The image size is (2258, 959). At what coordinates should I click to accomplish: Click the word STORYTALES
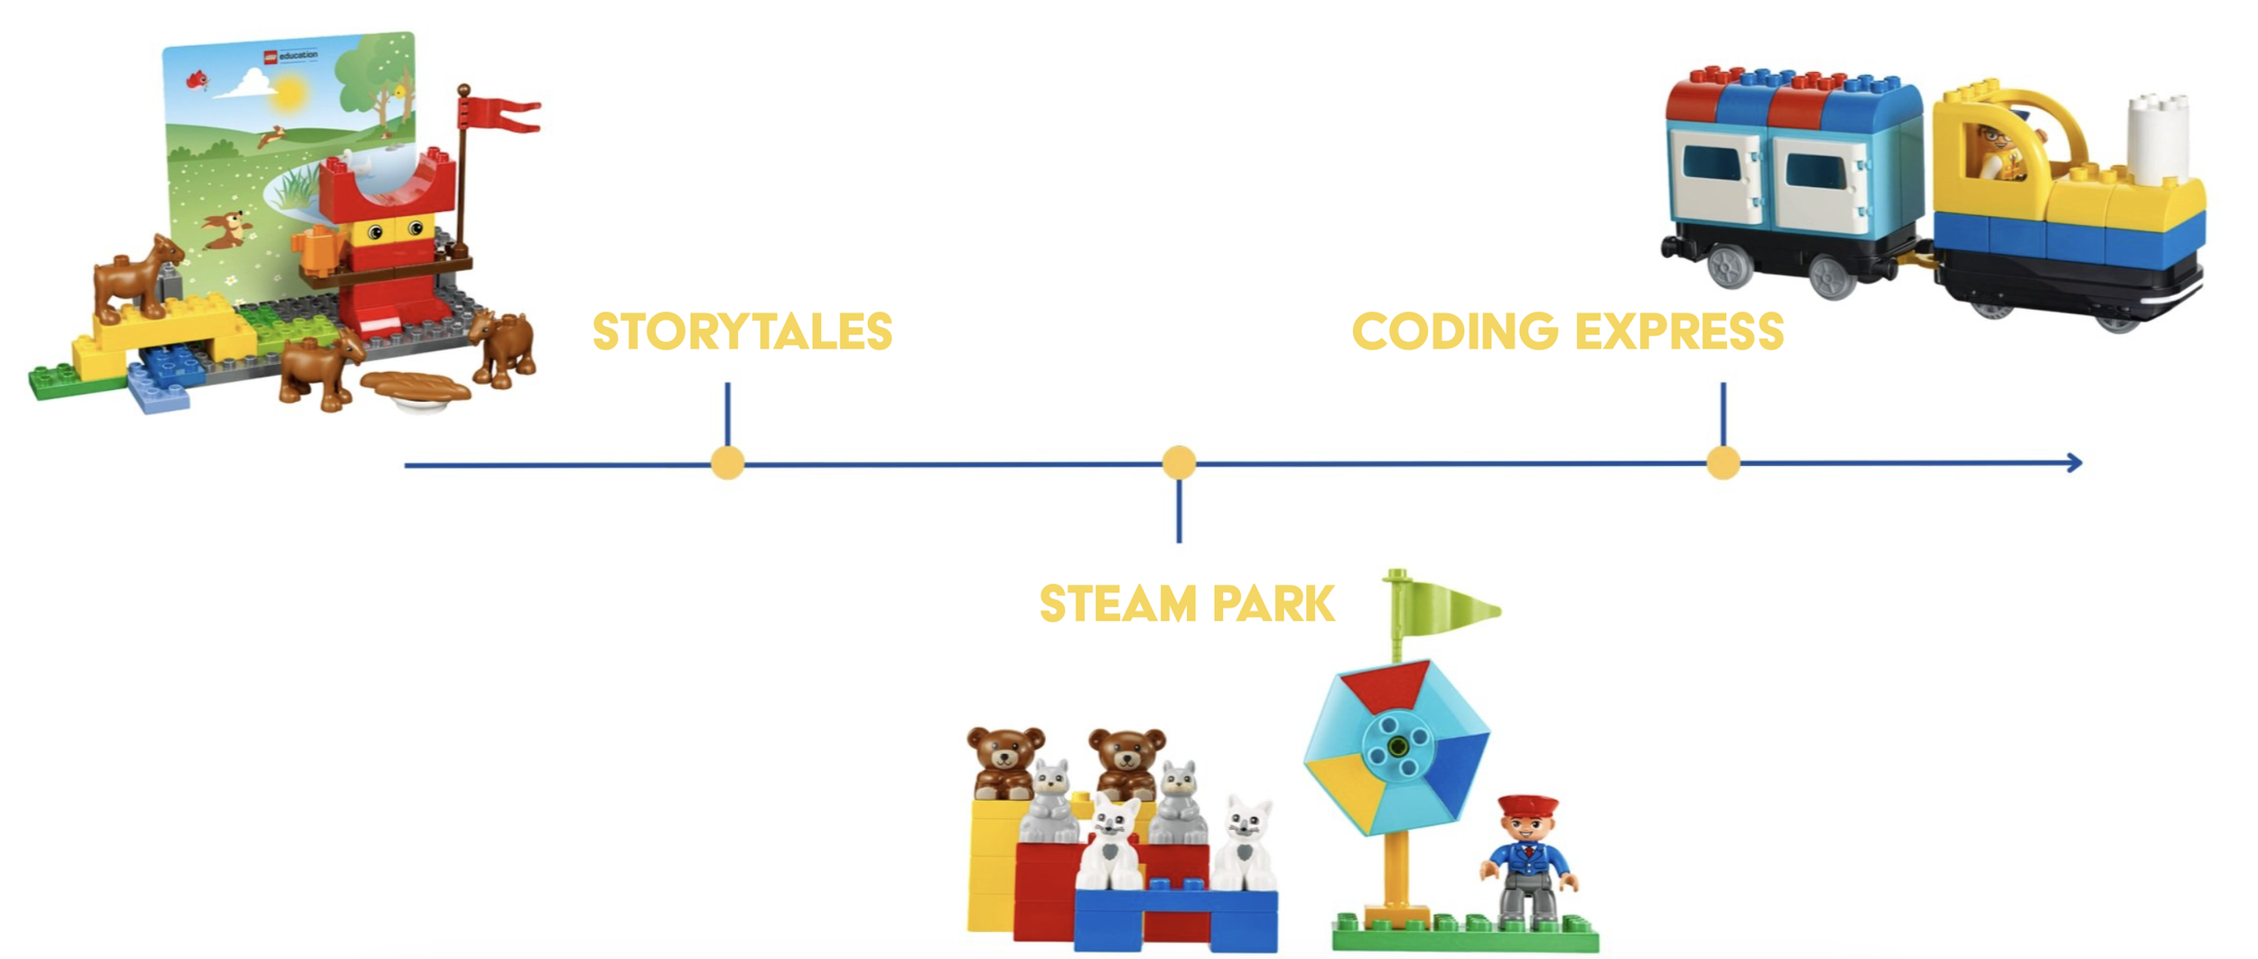click(742, 331)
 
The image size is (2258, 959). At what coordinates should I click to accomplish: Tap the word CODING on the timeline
click(1454, 331)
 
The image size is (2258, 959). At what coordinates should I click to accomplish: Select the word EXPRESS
click(1679, 331)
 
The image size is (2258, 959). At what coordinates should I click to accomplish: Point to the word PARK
click(1273, 604)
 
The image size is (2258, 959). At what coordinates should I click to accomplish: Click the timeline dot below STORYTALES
click(727, 462)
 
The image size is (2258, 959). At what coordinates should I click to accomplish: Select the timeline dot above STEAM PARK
click(1179, 462)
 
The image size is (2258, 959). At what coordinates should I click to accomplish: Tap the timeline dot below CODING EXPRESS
click(1722, 462)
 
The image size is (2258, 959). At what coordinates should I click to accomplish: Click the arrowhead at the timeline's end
click(2075, 462)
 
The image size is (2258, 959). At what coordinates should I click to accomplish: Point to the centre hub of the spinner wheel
click(1397, 746)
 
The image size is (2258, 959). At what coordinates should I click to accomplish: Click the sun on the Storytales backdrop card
click(289, 93)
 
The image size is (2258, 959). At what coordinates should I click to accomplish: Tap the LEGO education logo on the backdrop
click(290, 56)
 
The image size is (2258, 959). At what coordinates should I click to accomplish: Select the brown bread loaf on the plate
click(415, 386)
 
